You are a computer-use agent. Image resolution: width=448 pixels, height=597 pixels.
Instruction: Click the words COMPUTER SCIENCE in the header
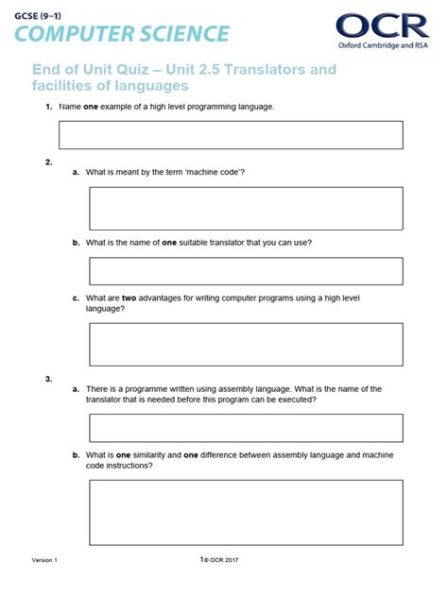coord(121,34)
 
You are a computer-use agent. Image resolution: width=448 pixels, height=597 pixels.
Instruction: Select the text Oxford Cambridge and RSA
coord(383,43)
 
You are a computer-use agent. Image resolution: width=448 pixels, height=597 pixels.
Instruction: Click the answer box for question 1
coord(231,134)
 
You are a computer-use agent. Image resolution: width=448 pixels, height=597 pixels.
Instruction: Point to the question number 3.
coord(48,379)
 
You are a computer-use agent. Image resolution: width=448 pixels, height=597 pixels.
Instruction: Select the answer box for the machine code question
coord(246,208)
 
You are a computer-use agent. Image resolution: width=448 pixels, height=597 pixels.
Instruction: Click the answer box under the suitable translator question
coord(246,271)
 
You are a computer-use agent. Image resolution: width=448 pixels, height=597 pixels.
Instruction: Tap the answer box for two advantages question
coord(246,344)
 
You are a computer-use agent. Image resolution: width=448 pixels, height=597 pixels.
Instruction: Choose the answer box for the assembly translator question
coord(246,428)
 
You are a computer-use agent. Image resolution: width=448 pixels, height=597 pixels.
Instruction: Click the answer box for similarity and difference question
coord(246,511)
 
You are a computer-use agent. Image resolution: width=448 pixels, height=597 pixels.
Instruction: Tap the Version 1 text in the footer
coord(44,560)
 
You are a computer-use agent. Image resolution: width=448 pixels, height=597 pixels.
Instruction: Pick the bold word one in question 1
coord(91,107)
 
